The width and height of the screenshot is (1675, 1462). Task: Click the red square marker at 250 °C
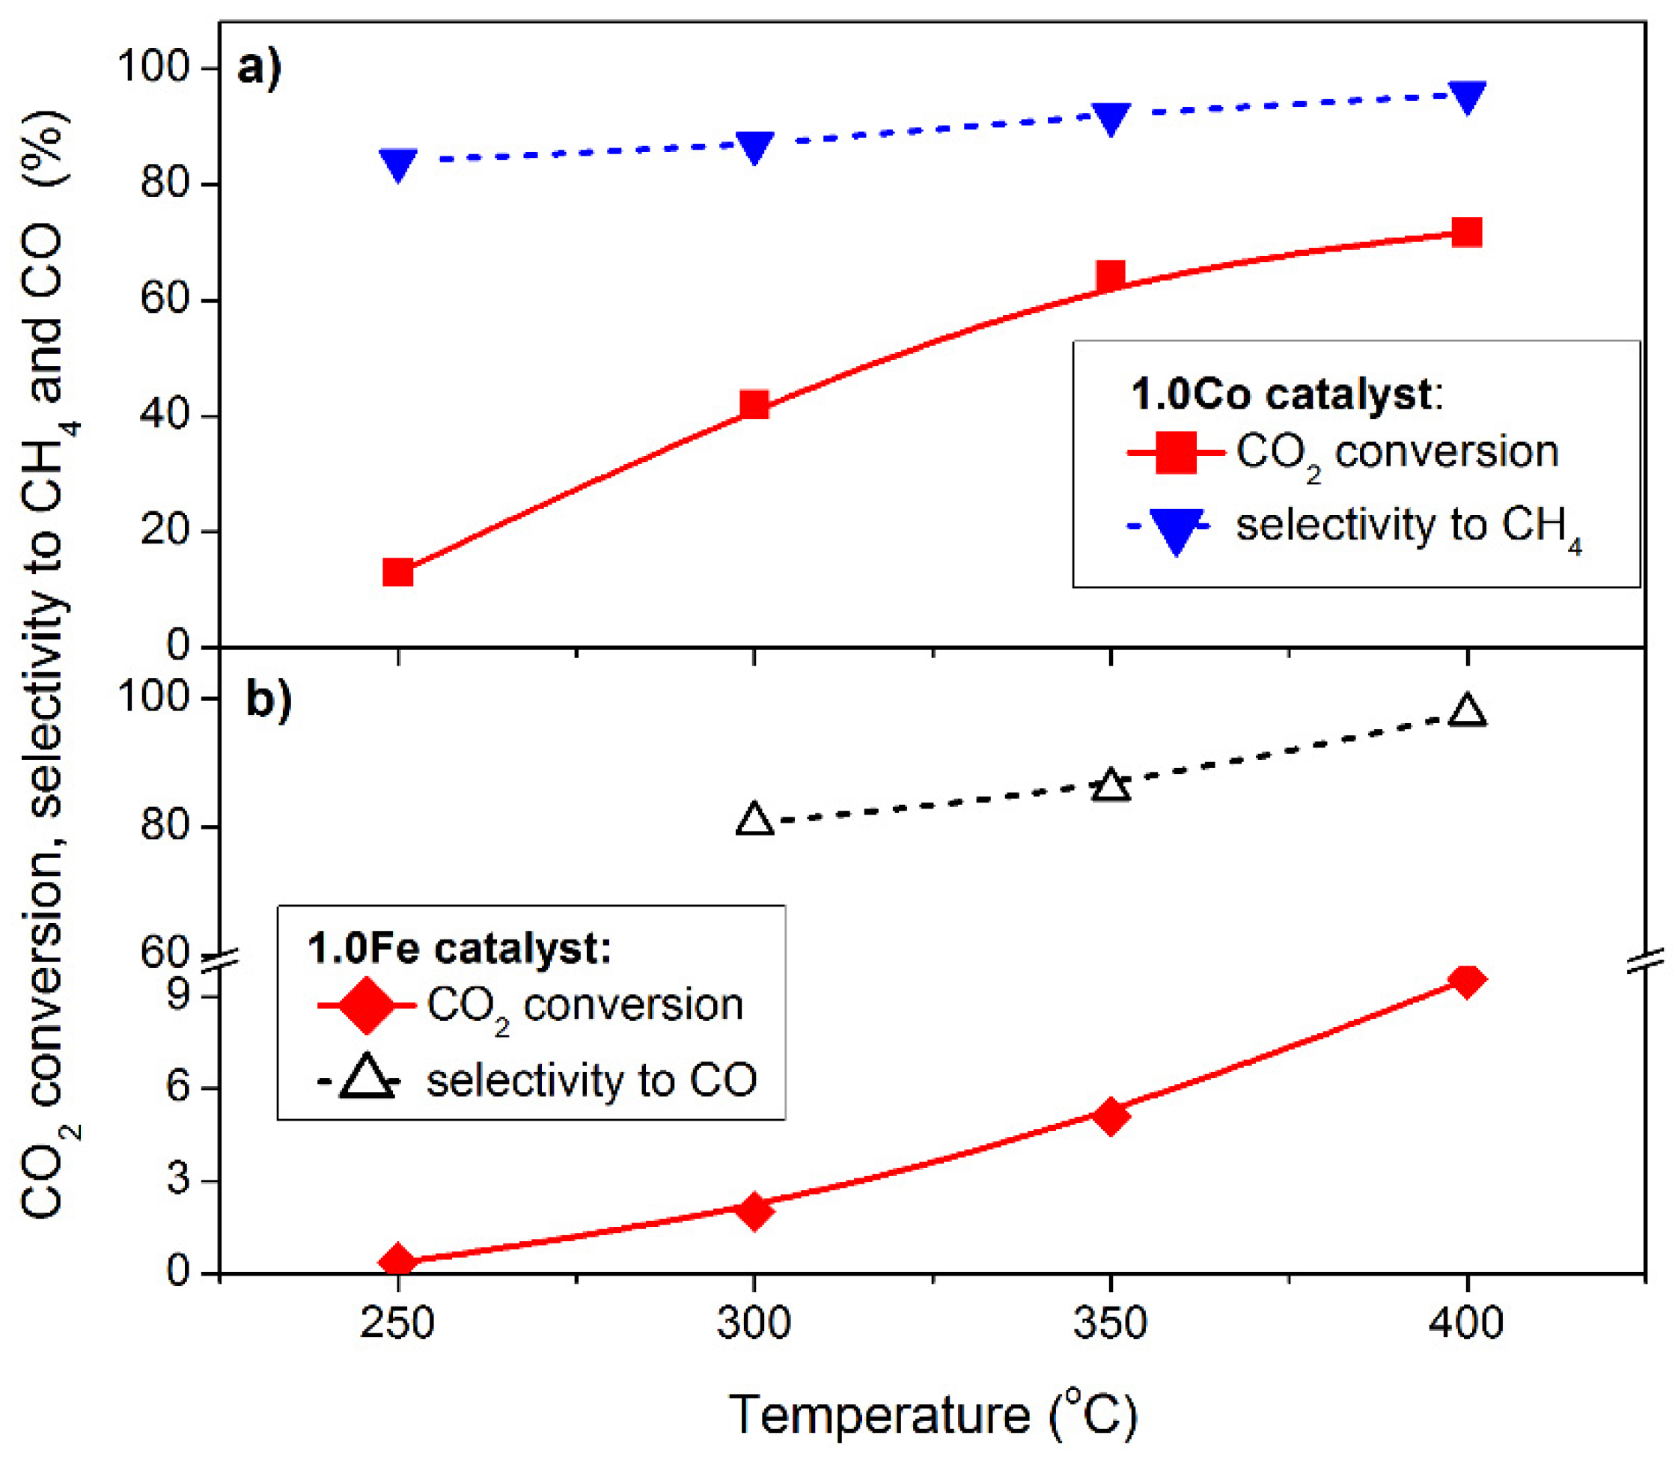click(x=397, y=573)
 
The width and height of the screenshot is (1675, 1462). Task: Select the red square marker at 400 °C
click(x=1466, y=233)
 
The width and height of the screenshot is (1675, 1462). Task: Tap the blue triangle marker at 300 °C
click(x=754, y=147)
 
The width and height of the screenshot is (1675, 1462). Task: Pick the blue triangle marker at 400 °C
click(x=1466, y=97)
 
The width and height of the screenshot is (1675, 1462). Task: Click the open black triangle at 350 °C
click(x=1110, y=787)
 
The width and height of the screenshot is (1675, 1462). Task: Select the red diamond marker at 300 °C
click(x=754, y=1211)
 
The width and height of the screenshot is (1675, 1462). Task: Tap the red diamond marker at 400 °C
click(x=1466, y=981)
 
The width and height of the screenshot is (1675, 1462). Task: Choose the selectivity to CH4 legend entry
click(x=1354, y=526)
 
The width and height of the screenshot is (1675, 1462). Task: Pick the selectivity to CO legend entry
click(x=538, y=1081)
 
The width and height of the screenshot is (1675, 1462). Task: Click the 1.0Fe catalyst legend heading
click(x=459, y=948)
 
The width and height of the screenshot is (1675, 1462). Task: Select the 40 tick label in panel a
click(x=167, y=415)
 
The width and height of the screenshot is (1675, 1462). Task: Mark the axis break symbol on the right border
click(x=1645, y=961)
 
